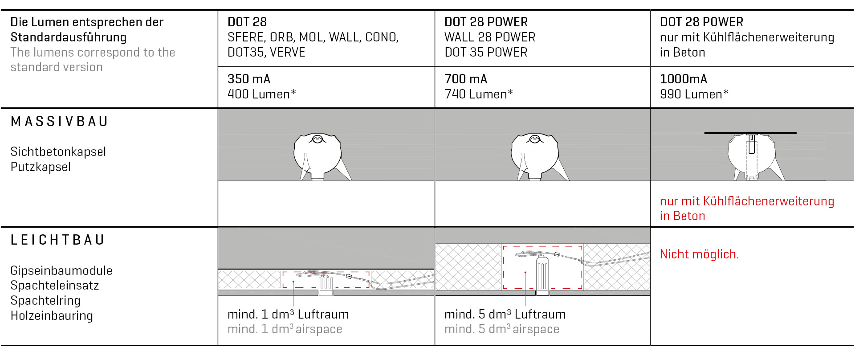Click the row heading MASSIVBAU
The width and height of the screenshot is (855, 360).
(x=59, y=122)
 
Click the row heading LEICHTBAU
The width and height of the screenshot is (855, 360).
(x=57, y=240)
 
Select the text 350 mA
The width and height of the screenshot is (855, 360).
(x=249, y=79)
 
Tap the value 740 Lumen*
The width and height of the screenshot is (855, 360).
(x=478, y=94)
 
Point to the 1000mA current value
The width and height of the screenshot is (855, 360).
(x=683, y=79)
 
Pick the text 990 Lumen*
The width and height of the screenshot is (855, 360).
(x=694, y=94)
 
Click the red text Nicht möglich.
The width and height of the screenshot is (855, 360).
(x=699, y=254)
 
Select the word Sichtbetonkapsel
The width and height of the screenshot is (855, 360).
(x=58, y=152)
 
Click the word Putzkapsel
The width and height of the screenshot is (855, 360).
(x=41, y=167)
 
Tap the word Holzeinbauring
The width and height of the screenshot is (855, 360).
(x=52, y=316)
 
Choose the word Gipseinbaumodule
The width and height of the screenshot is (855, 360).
(x=61, y=271)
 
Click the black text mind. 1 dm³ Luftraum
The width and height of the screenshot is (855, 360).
(x=288, y=315)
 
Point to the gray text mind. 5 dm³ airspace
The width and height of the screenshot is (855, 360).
(x=501, y=329)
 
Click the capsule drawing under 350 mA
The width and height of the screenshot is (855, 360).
(x=318, y=156)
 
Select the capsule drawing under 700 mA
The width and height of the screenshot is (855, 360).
(x=535, y=156)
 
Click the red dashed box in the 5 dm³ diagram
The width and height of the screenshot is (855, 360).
(x=542, y=267)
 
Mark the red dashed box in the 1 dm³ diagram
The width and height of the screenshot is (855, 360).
(x=326, y=279)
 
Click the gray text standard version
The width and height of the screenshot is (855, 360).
(x=57, y=67)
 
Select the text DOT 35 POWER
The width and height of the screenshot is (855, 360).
(x=485, y=53)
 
